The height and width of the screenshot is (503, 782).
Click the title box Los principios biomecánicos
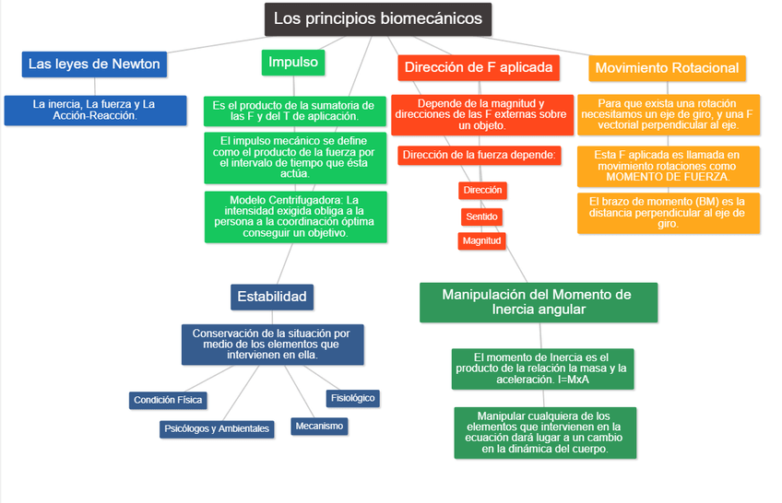coord(378,19)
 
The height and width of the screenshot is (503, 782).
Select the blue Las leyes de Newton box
coord(94,64)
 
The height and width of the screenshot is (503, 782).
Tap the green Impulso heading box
coord(292,63)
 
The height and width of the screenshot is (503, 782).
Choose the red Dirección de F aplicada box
coord(479,67)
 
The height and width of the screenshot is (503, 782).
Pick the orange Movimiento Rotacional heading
coord(667,68)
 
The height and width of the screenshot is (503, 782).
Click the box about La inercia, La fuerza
coord(94,110)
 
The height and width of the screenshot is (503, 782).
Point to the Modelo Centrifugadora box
coord(295,216)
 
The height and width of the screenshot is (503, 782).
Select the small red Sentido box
coord(481,216)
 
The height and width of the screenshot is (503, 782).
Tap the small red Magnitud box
coord(481,240)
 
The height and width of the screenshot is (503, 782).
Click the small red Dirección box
coord(482,190)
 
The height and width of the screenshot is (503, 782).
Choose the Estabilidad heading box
coord(272,297)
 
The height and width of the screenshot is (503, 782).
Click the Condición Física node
coord(168,400)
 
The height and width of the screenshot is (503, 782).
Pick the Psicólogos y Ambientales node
coord(217,428)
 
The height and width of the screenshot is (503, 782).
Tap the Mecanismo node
coord(319,426)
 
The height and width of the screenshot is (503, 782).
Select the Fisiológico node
coord(352,398)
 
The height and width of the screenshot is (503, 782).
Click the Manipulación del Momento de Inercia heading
coord(537,302)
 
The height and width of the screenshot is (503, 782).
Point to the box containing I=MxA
coord(541,368)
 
